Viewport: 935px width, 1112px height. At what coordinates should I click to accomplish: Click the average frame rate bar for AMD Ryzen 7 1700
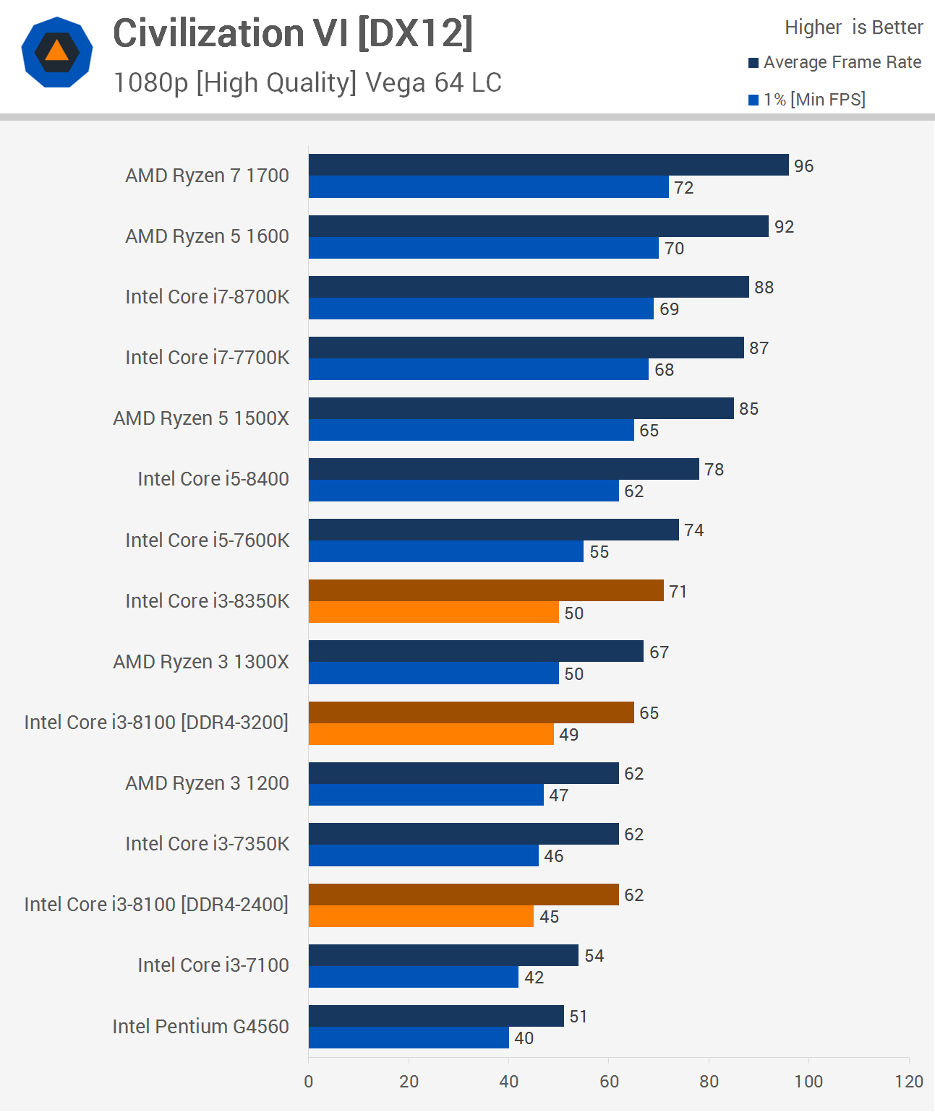[548, 165]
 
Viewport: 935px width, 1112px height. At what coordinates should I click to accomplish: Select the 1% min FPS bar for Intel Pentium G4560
[409, 1038]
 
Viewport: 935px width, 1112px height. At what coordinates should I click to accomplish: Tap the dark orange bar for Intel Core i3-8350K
[486, 590]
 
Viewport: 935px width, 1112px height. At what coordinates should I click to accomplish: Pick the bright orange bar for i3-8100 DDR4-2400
[421, 916]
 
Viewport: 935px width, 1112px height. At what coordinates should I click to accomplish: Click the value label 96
[803, 166]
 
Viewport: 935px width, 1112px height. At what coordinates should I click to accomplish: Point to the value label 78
[714, 470]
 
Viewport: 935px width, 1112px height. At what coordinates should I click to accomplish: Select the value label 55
[599, 552]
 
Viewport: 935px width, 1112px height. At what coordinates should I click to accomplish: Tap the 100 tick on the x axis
[808, 1081]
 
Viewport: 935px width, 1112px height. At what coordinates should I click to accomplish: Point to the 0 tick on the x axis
[309, 1081]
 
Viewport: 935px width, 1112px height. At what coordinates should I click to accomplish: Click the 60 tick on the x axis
[609, 1081]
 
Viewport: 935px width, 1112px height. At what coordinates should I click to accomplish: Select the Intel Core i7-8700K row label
[207, 297]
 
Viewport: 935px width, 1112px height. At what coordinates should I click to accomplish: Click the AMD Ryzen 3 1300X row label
[201, 662]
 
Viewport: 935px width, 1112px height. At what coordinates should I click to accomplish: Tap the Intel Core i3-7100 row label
[213, 965]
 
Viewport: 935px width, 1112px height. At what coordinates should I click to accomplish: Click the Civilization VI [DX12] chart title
[293, 33]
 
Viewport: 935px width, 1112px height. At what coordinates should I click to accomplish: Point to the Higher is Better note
[853, 27]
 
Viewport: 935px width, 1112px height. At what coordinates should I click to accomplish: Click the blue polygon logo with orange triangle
[57, 52]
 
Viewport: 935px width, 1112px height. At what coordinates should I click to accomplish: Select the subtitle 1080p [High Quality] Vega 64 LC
[307, 83]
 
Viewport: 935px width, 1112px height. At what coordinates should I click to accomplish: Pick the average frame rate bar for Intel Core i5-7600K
[494, 530]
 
